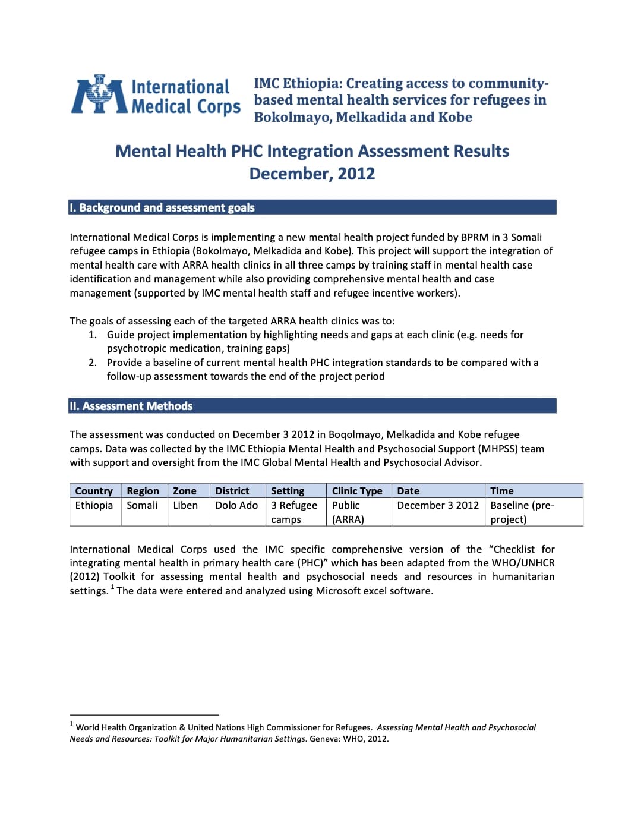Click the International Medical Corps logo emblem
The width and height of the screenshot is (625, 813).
coord(99,95)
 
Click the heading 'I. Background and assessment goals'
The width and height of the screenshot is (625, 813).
coord(162,207)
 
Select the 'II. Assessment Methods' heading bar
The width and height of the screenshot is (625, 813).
coord(131,406)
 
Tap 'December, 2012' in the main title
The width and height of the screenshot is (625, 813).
coord(312,174)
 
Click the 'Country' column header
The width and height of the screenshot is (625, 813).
coord(94,491)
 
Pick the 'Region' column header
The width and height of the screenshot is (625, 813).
coord(143,491)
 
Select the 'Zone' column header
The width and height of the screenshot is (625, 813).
coord(185,491)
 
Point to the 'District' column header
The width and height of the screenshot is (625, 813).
coord(232,491)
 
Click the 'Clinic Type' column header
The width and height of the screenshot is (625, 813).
coord(357,491)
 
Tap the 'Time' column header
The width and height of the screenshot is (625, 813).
coord(502,491)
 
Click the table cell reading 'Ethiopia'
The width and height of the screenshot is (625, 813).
coord(94,505)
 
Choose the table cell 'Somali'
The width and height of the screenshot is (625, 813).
coord(142,505)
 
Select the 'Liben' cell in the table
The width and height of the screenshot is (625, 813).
coord(185,505)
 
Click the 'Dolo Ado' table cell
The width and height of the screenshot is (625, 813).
coord(236,505)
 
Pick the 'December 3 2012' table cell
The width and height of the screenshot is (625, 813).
coord(438,505)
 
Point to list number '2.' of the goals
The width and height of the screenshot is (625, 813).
coord(93,363)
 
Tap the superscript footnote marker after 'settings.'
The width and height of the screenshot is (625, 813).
coord(112,587)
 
